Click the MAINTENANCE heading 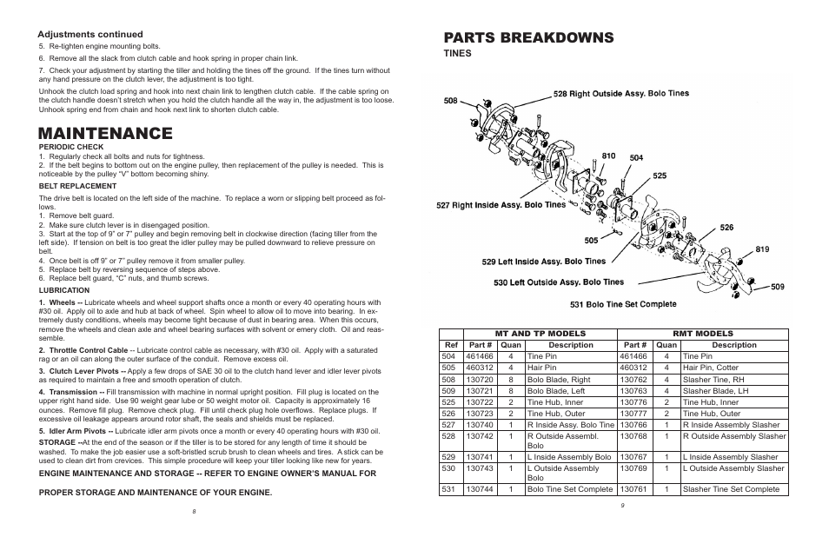pyautogui.click(x=105, y=133)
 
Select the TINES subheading pyautogui.click(x=458, y=53)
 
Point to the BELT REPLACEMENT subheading pyautogui.click(x=77, y=186)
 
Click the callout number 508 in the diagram pyautogui.click(x=450, y=101)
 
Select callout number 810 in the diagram pyautogui.click(x=608, y=156)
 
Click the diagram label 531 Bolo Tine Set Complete pyautogui.click(x=622, y=304)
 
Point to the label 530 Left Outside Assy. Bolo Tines pyautogui.click(x=559, y=282)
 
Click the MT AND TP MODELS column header pyautogui.click(x=540, y=334)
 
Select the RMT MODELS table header pyautogui.click(x=703, y=334)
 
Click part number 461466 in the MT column pyautogui.click(x=479, y=356)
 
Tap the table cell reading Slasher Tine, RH pyautogui.click(x=713, y=379)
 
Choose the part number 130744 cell pyautogui.click(x=479, y=489)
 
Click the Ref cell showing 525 pyautogui.click(x=449, y=402)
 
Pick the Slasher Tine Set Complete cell pyautogui.click(x=731, y=489)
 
